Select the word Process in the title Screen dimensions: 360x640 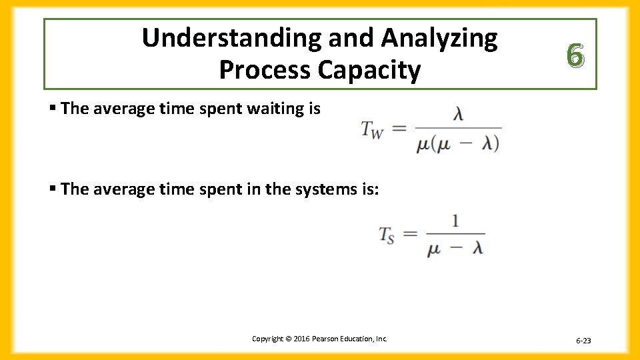pyautogui.click(x=263, y=70)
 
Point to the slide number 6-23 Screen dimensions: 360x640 pyautogui.click(x=583, y=341)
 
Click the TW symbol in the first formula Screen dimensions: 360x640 pyautogui.click(x=372, y=129)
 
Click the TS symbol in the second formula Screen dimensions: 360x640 pyautogui.click(x=387, y=234)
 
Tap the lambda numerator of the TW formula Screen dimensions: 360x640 pyautogui.click(x=458, y=115)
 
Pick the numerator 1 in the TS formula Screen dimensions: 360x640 pyautogui.click(x=455, y=221)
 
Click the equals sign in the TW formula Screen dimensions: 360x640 pyautogui.click(x=399, y=128)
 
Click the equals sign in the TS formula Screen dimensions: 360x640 pyautogui.click(x=411, y=233)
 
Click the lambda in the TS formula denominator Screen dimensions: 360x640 pyautogui.click(x=476, y=247)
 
